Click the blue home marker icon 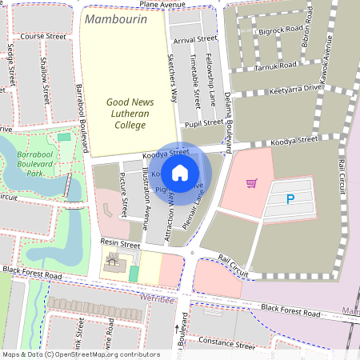click(x=180, y=172)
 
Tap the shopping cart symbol click(x=251, y=183)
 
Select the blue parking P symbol click(x=290, y=199)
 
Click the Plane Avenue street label click(x=167, y=5)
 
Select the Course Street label click(x=43, y=37)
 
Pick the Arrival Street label click(x=194, y=38)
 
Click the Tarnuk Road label click(x=278, y=65)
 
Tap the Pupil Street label click(x=203, y=122)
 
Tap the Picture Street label click(x=123, y=194)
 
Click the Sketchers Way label click(x=171, y=78)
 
